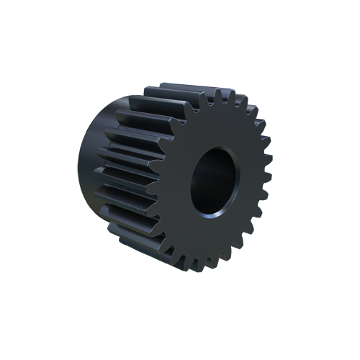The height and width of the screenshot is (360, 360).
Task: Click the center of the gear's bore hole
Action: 214,182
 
